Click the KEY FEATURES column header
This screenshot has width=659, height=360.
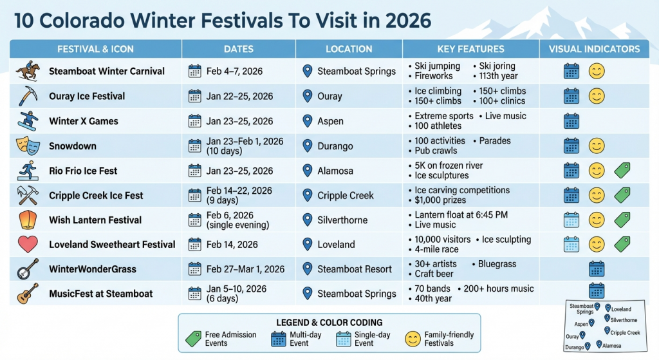click(x=470, y=49)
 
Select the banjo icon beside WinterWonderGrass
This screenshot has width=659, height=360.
click(x=28, y=269)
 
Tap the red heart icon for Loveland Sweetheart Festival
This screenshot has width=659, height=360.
click(x=28, y=244)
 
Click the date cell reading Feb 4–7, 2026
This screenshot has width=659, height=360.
click(x=234, y=71)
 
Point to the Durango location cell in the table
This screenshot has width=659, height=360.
click(x=335, y=146)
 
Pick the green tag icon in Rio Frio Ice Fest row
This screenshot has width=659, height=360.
click(x=622, y=170)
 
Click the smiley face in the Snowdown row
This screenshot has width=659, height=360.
click(x=597, y=146)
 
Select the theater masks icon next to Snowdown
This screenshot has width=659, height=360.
click(x=28, y=146)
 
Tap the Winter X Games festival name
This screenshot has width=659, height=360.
click(x=84, y=121)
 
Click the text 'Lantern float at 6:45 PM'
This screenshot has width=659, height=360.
click(x=461, y=215)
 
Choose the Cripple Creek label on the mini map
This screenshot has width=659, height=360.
click(x=625, y=333)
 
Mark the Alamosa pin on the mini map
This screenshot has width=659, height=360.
click(x=599, y=344)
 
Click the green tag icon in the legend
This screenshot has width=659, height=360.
click(x=193, y=339)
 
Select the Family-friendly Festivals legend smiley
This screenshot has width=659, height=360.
click(x=413, y=339)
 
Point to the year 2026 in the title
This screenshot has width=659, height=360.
click(x=407, y=20)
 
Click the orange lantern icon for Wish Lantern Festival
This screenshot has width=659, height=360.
click(x=28, y=220)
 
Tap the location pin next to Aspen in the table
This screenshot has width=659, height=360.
click(x=308, y=121)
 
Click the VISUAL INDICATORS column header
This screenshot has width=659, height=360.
click(x=594, y=49)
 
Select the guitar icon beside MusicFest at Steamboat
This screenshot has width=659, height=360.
click(x=28, y=294)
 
